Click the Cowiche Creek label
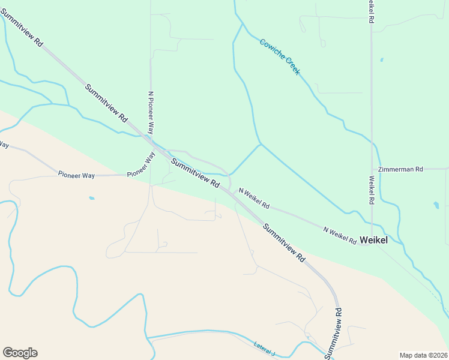[x=280, y=57]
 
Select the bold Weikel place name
[x=373, y=240]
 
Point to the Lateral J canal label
[x=264, y=349]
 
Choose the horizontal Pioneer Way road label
[x=76, y=175]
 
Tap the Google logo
[x=20, y=353]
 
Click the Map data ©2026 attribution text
[x=423, y=355]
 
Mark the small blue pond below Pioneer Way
[x=91, y=198]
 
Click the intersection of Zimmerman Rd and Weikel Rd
[x=372, y=169]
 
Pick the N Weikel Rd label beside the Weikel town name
[x=340, y=235]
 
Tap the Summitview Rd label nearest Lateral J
[x=334, y=332]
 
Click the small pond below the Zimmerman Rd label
[x=436, y=205]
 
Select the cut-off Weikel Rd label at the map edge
[x=372, y=11]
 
